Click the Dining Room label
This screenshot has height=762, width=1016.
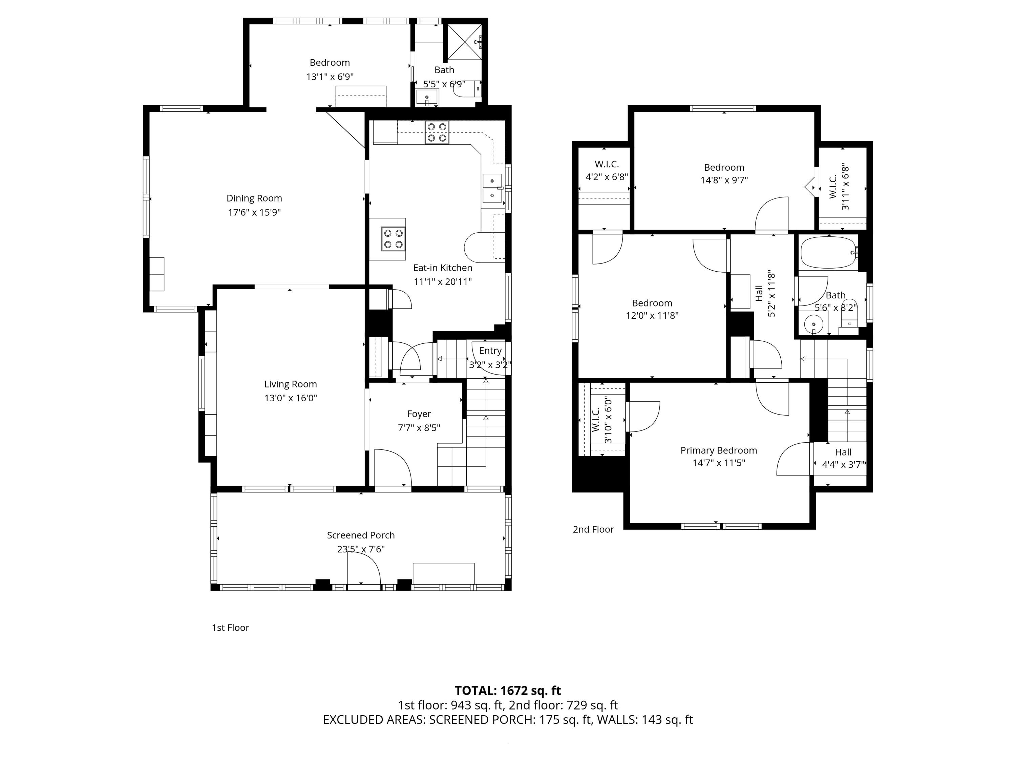[x=254, y=198]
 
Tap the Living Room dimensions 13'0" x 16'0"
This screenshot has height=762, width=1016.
[x=290, y=398]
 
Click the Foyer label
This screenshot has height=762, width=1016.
[x=419, y=414]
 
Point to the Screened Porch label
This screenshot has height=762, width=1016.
[x=361, y=535]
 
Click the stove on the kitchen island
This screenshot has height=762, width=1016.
[x=393, y=239]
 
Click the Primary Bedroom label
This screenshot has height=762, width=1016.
[x=718, y=450]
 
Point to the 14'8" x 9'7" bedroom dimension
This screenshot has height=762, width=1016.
[x=724, y=181]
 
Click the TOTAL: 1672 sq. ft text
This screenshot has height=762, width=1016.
[x=508, y=690]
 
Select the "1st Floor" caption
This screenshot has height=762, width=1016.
[x=230, y=628]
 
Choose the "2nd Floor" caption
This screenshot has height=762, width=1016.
[x=593, y=529]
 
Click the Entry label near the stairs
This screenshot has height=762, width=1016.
[x=490, y=351]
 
